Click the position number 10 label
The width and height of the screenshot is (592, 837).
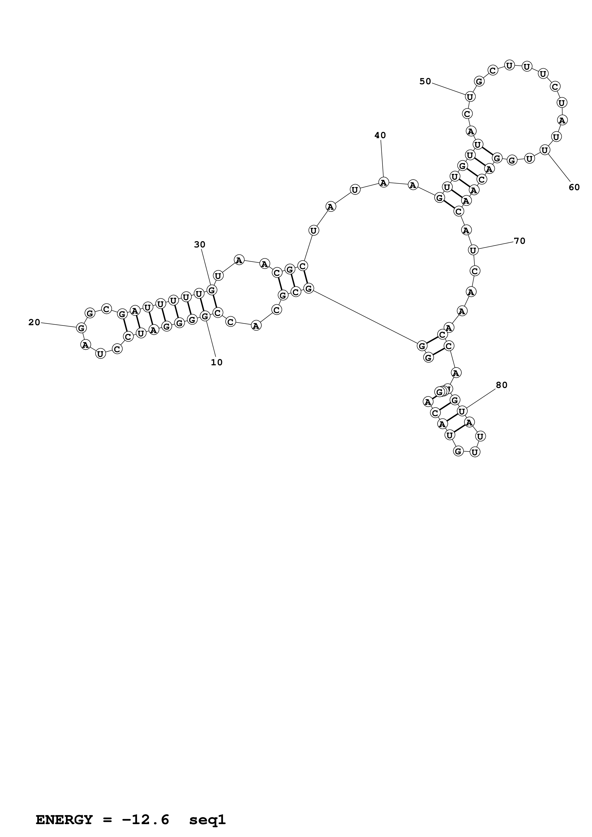(x=217, y=362)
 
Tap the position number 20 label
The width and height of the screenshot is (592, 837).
(x=34, y=322)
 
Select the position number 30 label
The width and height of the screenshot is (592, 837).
(x=199, y=245)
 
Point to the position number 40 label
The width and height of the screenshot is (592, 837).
(x=380, y=135)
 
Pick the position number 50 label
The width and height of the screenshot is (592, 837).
(x=425, y=81)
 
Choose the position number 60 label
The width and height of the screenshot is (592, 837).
(x=574, y=187)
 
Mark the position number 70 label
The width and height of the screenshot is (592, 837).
(x=519, y=241)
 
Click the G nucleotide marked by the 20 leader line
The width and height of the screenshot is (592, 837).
(x=81, y=328)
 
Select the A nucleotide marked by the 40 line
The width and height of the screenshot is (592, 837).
(x=383, y=182)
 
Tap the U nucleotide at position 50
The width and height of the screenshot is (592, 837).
(x=470, y=97)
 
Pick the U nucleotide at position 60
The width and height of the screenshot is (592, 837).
(x=544, y=150)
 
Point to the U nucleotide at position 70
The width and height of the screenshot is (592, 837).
(x=473, y=250)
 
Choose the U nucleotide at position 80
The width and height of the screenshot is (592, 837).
(x=462, y=412)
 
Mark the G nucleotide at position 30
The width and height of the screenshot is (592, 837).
(x=212, y=290)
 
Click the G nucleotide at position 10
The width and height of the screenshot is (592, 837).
(x=205, y=316)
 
